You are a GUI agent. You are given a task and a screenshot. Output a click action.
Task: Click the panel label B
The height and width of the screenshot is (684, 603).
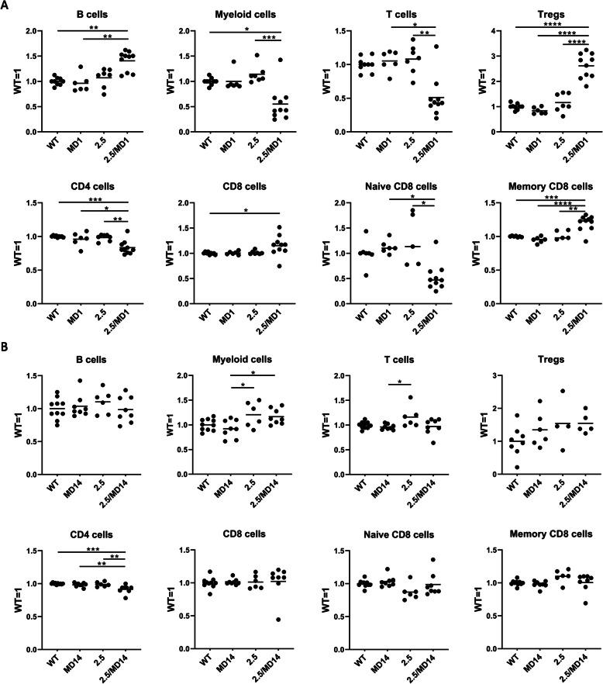point(6,363)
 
